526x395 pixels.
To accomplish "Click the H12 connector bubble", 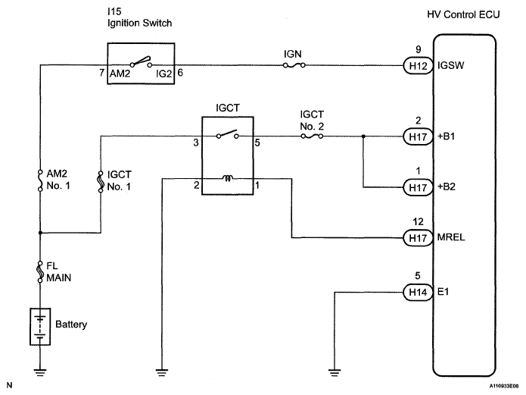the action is tap(418, 65).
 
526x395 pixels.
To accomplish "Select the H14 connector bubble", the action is tap(418, 292).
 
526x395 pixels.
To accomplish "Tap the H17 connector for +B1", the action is tap(418, 136).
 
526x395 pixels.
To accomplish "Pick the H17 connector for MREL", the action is tap(418, 238).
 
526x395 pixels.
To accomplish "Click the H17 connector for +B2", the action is tap(418, 187).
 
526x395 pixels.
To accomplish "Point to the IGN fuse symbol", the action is tap(294, 65).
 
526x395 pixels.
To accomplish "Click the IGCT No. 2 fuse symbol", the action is tap(312, 136).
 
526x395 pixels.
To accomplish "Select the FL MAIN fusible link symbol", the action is tap(40, 271).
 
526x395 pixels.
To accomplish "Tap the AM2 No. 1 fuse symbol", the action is tap(40, 180).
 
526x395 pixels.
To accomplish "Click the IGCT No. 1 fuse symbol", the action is tap(101, 182).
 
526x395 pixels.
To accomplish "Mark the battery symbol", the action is tap(40, 327).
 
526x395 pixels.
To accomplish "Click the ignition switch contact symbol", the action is tap(141, 62).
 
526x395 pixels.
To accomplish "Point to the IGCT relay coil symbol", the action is tap(228, 178).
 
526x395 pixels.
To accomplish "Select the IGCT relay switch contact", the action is tap(228, 134).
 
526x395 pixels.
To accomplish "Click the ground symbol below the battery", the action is tap(40, 371).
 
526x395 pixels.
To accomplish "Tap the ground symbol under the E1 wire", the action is tap(335, 371).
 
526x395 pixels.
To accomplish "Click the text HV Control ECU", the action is tap(463, 15).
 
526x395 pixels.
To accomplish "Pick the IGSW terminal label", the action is tap(450, 65).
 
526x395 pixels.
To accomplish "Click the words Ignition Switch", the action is tap(139, 24).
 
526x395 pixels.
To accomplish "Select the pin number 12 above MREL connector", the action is tap(418, 222).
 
